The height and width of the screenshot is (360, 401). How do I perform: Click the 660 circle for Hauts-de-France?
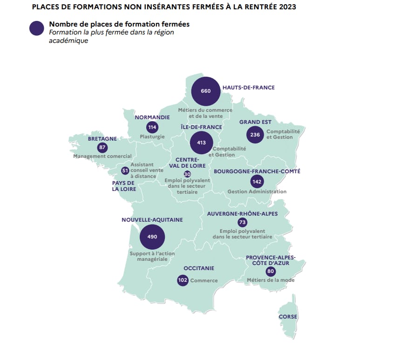click(206, 91)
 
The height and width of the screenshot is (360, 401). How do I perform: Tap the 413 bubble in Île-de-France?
click(202, 143)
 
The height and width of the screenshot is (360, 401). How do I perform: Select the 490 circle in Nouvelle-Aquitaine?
click(152, 237)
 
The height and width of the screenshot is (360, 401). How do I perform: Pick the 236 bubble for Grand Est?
click(255, 135)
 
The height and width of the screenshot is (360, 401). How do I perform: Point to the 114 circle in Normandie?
click(152, 127)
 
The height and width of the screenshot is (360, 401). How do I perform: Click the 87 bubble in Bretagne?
click(102, 148)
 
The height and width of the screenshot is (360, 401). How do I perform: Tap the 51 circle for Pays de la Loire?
click(125, 170)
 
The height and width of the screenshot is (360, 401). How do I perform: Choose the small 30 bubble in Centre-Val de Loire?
click(187, 174)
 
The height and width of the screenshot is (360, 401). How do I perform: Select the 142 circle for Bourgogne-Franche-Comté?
click(257, 182)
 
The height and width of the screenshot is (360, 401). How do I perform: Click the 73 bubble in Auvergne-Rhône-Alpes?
click(243, 223)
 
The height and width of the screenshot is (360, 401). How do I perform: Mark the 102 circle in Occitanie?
click(183, 280)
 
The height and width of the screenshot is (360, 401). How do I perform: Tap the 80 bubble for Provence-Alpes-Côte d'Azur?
click(271, 271)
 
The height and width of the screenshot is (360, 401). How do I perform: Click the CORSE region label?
click(288, 317)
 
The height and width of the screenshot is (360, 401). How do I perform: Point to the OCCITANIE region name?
click(199, 268)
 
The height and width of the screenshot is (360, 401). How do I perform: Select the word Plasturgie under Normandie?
click(152, 137)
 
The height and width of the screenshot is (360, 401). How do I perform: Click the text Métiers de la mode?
click(271, 280)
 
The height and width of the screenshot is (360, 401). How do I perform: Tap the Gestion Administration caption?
click(257, 191)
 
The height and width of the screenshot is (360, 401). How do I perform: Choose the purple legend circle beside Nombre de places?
click(37, 28)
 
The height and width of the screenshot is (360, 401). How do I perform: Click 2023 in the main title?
click(288, 7)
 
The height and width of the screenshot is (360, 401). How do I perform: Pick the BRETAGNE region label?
click(102, 139)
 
